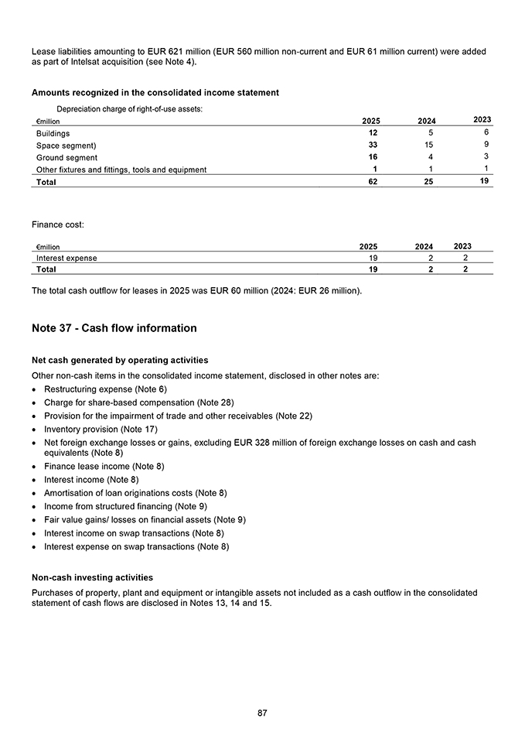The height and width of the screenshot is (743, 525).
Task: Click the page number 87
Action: (x=262, y=713)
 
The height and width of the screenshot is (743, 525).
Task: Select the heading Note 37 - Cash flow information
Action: (x=114, y=328)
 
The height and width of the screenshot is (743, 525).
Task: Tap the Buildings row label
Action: (x=53, y=134)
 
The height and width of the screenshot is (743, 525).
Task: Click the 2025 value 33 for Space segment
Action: (x=372, y=146)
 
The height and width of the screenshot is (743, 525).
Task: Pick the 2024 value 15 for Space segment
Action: (x=427, y=146)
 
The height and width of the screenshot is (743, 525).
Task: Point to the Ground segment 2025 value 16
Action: (x=372, y=158)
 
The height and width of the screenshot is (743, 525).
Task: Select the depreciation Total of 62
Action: (x=372, y=183)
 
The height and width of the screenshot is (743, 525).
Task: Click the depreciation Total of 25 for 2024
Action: (x=427, y=183)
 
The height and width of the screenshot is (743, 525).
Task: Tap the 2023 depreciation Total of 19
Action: (x=482, y=182)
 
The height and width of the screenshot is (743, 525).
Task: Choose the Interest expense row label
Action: (x=67, y=259)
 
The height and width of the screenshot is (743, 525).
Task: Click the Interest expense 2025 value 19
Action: (x=372, y=259)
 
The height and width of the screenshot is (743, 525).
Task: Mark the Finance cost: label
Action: (x=58, y=224)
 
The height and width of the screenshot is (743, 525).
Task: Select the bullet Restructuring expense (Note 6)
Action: (x=105, y=389)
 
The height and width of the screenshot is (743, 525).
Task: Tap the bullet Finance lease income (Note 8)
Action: (x=104, y=466)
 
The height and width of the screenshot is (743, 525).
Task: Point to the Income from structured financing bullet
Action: (x=125, y=506)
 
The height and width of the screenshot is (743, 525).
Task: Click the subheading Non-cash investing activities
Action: (x=92, y=577)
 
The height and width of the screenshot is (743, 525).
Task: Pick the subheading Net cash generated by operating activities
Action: (x=120, y=360)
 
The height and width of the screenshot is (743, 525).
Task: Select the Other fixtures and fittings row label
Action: (x=121, y=170)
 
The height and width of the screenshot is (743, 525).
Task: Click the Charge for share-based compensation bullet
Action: (x=138, y=402)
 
